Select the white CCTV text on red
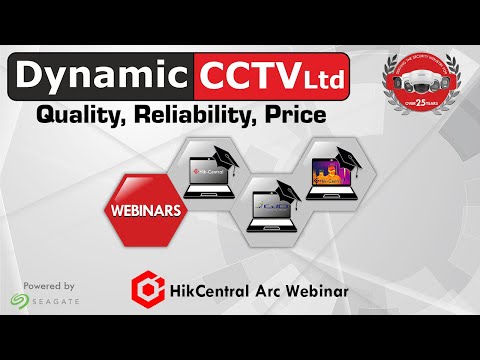(x=242, y=76)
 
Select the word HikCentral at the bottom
(x=216, y=292)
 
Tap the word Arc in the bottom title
(x=274, y=292)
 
